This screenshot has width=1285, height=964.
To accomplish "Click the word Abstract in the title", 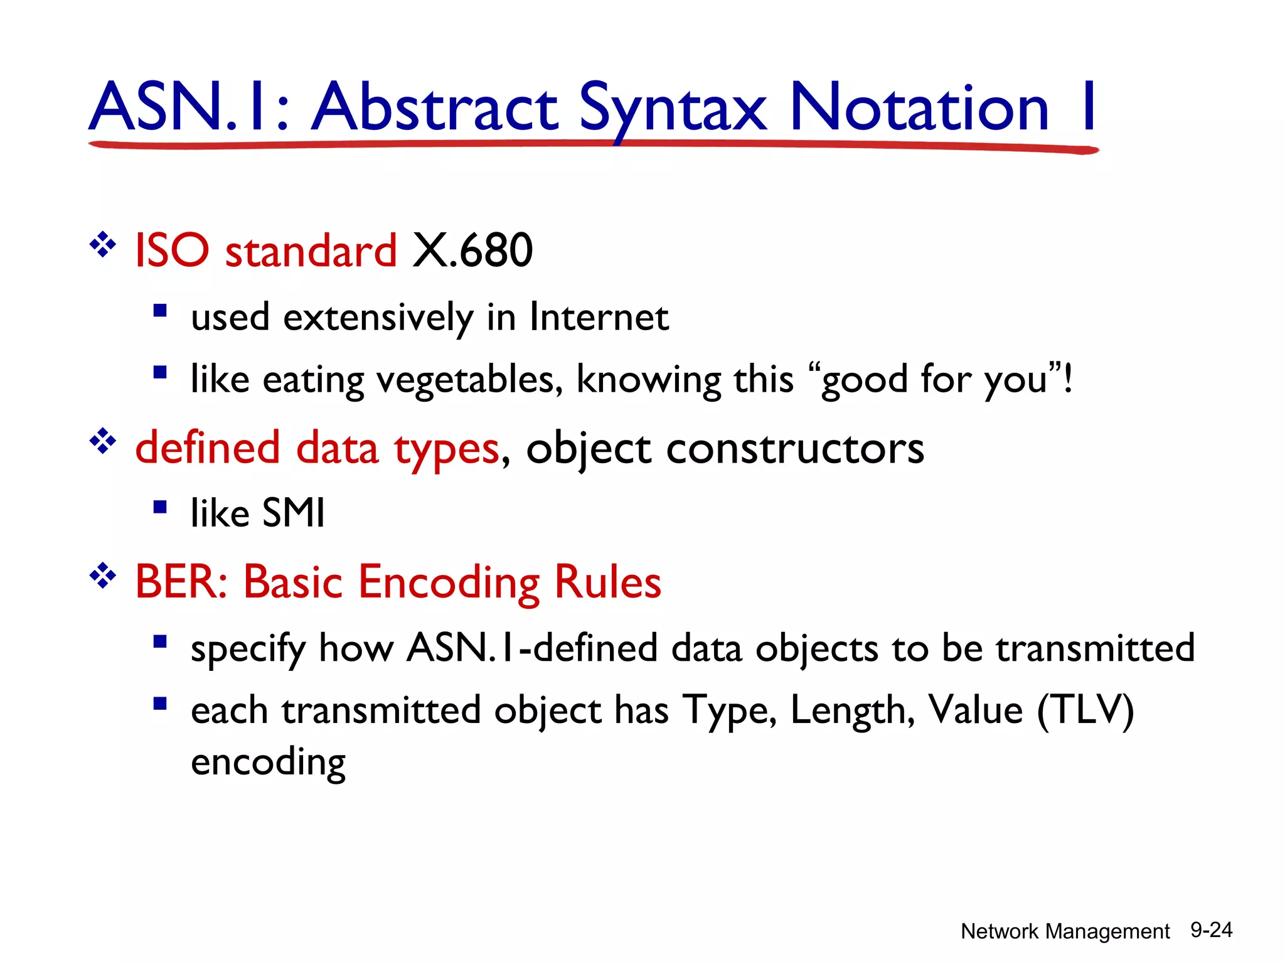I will coord(434,108).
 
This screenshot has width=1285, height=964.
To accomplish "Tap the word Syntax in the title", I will coord(672,108).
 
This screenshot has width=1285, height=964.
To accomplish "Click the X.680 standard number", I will coord(472,250).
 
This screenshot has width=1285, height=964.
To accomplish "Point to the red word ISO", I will coord(171,250).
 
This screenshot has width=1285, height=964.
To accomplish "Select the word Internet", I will coord(599,317).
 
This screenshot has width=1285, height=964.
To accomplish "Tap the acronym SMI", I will coord(293,513).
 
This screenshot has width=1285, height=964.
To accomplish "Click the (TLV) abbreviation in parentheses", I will coord(1085,710).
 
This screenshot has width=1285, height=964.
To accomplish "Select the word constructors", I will coord(795,449).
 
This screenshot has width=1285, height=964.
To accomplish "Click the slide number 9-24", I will coord(1211,930).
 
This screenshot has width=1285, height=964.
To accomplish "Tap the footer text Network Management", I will coord(1065,931).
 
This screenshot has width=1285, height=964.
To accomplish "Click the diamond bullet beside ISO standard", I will coord(103,245).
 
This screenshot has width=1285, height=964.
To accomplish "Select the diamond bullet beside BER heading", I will coord(103,576).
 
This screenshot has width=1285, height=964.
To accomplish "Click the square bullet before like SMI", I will coord(160,506).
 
